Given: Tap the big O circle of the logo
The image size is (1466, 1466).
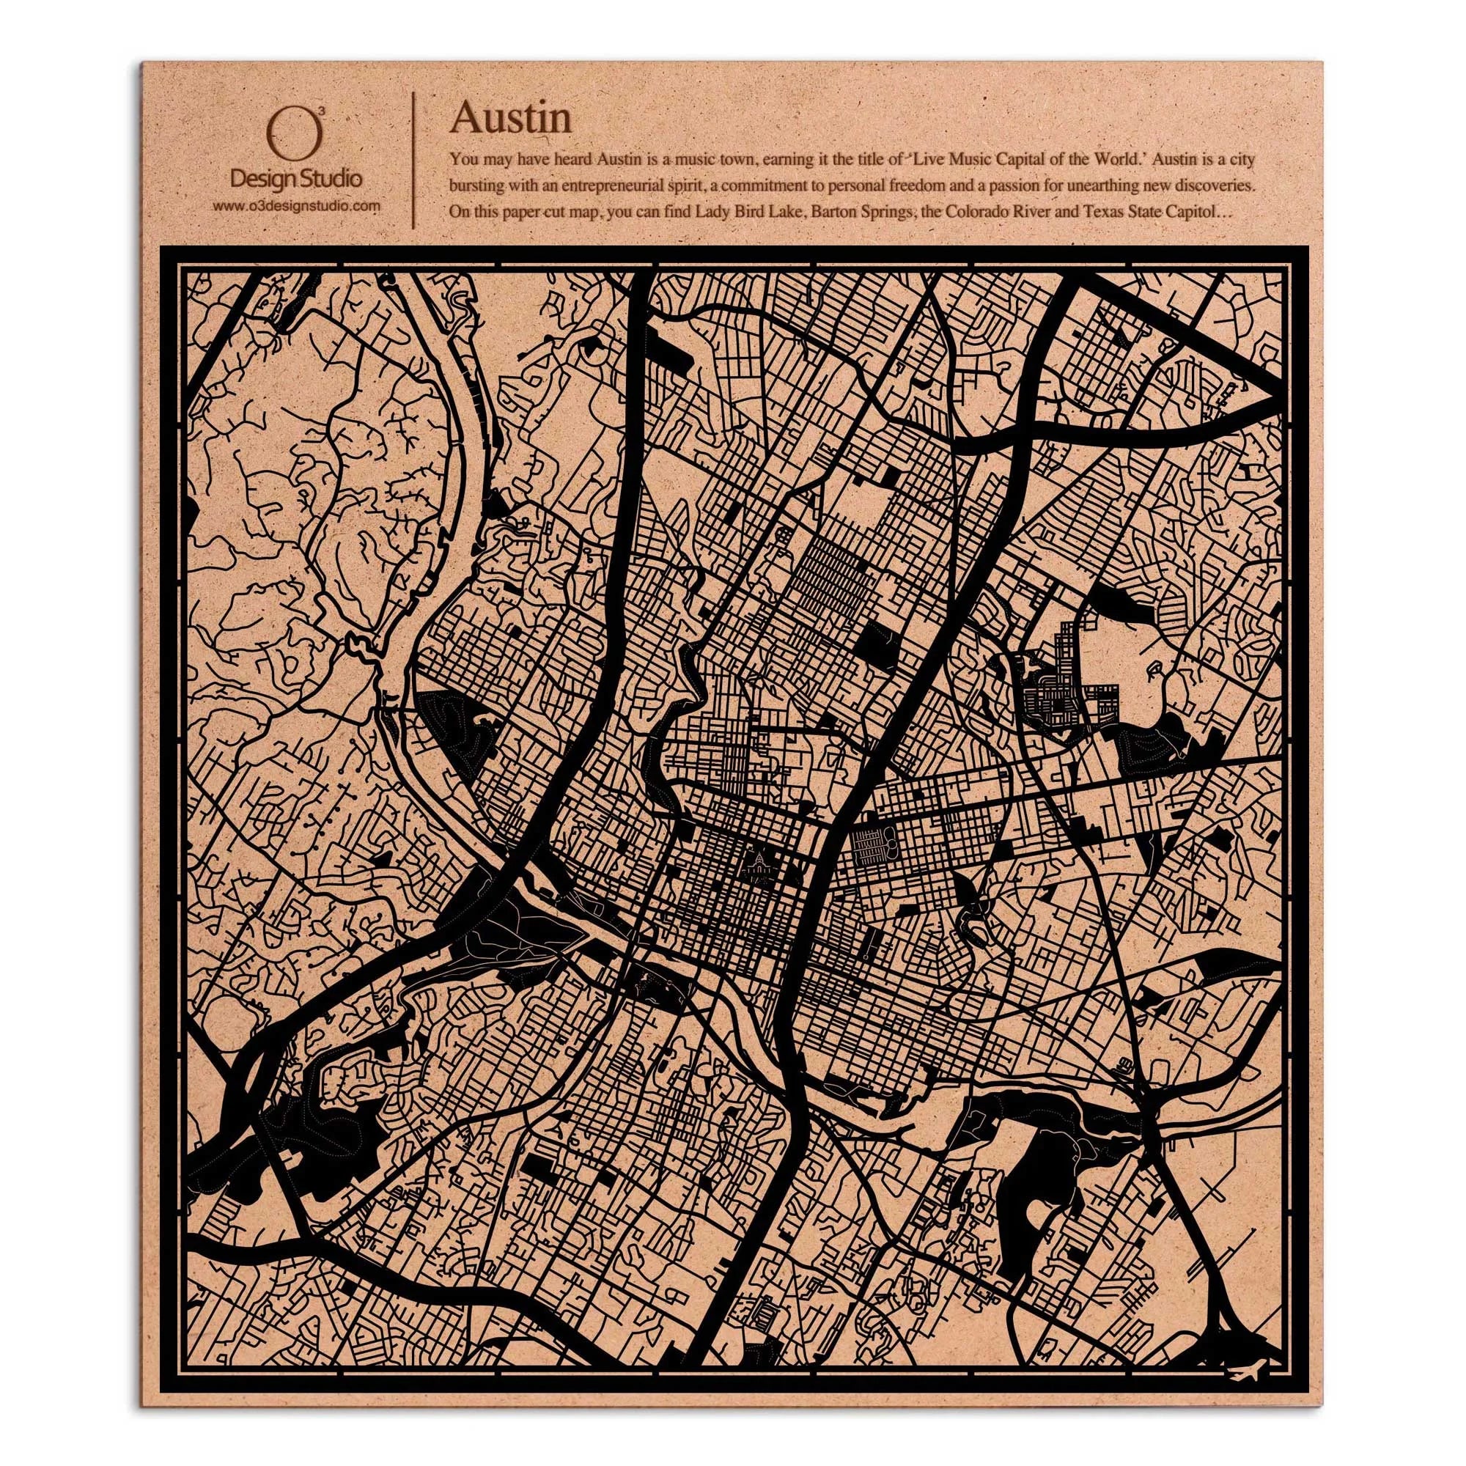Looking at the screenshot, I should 295,133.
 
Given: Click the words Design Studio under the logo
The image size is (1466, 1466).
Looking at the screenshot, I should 296,179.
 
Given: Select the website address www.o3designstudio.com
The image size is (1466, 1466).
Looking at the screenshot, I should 296,206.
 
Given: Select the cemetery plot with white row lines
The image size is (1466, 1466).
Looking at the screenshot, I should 871,846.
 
